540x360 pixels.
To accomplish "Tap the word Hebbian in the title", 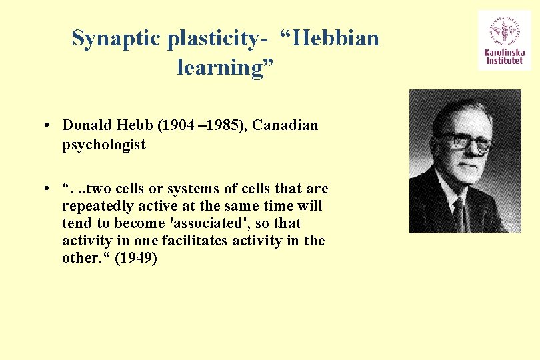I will point(336,38).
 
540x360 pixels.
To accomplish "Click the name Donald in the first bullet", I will point(87,125).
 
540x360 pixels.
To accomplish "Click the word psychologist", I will point(103,145).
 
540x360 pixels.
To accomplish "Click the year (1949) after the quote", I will point(136,258).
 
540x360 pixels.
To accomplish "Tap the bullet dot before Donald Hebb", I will point(50,126).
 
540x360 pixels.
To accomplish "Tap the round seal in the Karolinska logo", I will point(504,29).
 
